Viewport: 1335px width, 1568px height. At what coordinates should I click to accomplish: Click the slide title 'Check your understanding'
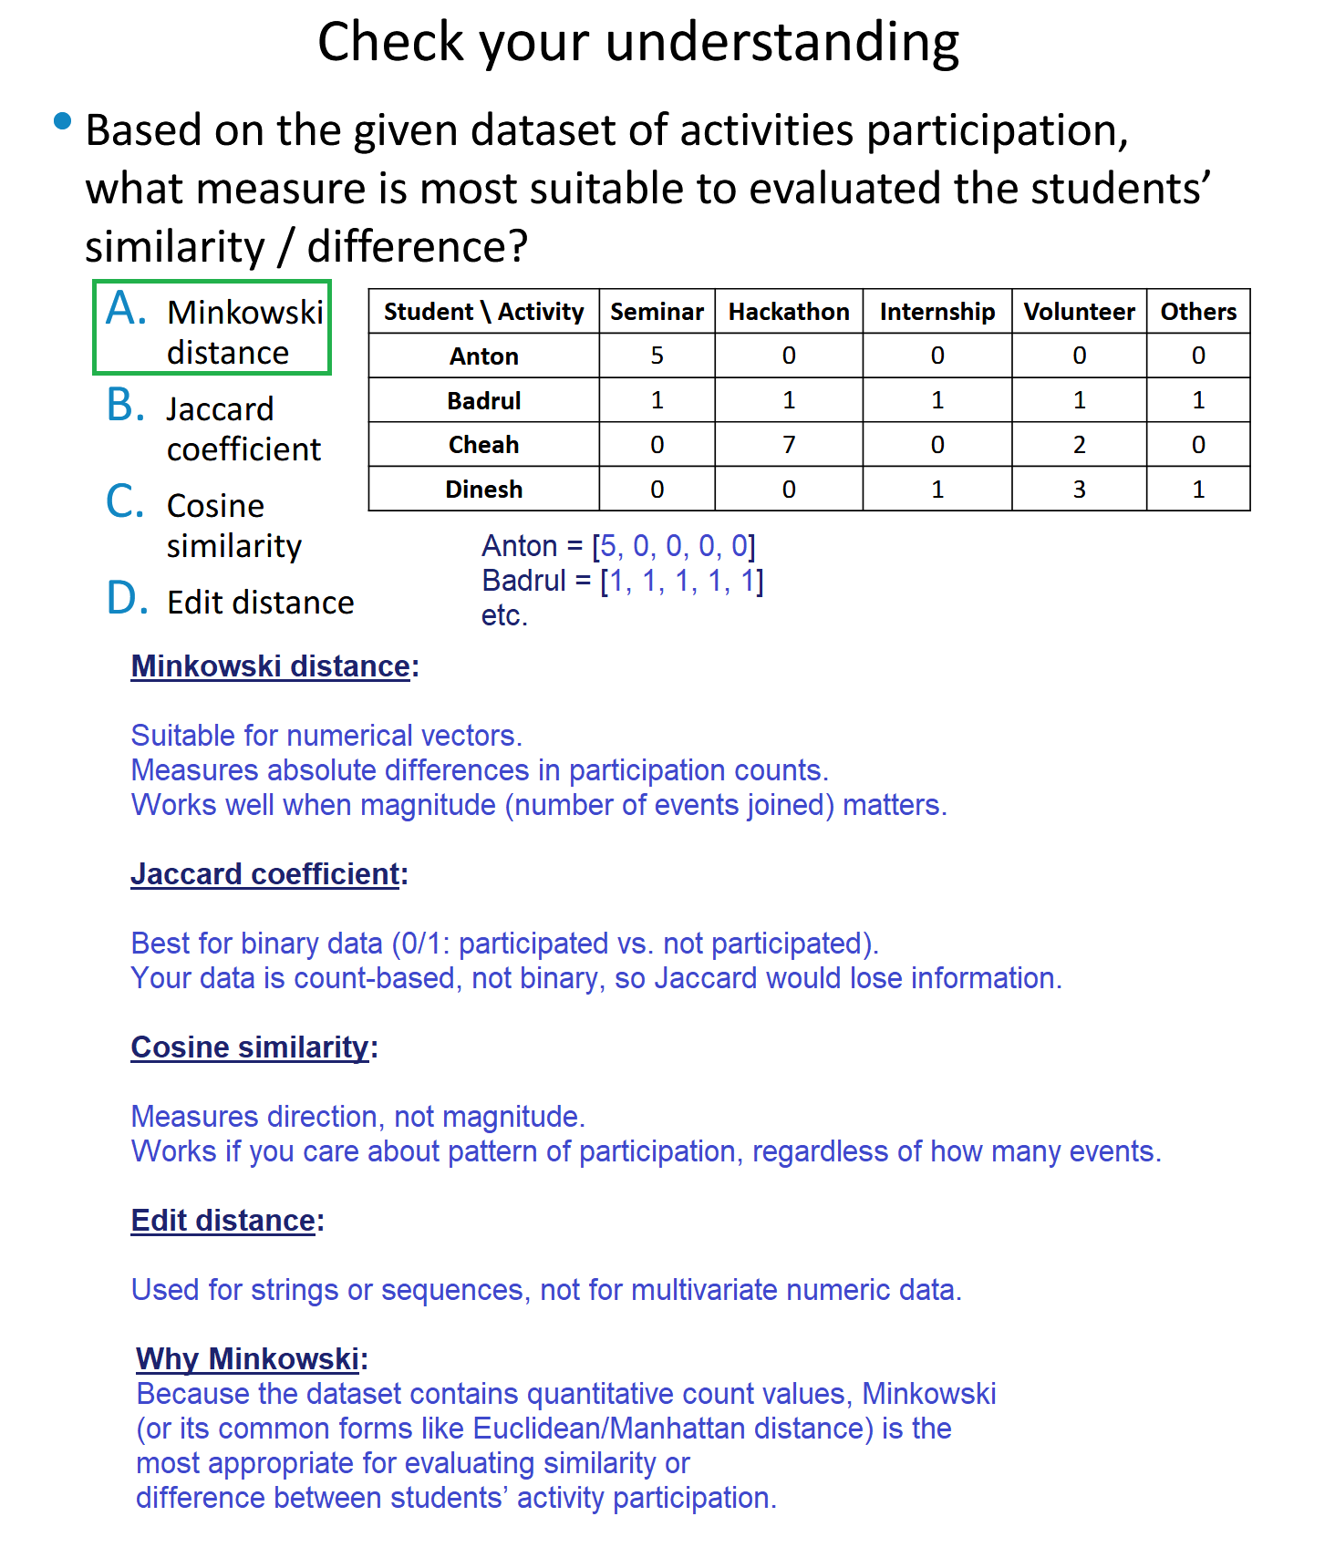pos(638,42)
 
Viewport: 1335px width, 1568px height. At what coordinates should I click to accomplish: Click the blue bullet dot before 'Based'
pos(63,121)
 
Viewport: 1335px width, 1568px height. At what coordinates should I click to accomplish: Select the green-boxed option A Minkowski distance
pos(212,328)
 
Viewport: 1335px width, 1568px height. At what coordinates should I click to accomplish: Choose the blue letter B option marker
pos(126,406)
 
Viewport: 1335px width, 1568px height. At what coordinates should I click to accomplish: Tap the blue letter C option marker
pos(125,502)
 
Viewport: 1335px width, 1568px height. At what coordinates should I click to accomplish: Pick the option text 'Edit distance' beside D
pos(261,603)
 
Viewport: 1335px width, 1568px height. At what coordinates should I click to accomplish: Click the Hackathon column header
pos(789,312)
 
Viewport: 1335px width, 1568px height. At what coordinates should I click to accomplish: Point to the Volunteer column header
pos(1079,312)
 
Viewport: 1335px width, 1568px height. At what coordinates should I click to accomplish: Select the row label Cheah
pos(483,445)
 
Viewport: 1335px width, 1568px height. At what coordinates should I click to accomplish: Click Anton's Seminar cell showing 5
pos(657,356)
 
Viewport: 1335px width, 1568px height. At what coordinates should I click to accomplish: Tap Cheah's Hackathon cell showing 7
pos(789,445)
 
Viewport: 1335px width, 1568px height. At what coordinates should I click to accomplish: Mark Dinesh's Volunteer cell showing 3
pos(1079,490)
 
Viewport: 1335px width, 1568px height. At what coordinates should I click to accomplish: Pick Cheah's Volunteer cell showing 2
pos(1079,445)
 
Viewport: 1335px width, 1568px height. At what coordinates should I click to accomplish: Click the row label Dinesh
pos(483,490)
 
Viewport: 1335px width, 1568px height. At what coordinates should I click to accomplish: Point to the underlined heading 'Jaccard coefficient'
pos(265,874)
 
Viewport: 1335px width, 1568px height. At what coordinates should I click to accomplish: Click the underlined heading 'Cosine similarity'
pos(250,1047)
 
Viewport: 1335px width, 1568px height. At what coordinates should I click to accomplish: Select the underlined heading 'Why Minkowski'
pos(248,1359)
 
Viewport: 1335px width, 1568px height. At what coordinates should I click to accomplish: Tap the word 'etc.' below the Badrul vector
pos(504,615)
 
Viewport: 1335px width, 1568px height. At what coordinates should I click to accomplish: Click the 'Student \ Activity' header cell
pos(483,312)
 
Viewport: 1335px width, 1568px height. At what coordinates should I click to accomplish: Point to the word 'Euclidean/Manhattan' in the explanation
pos(674,1429)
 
